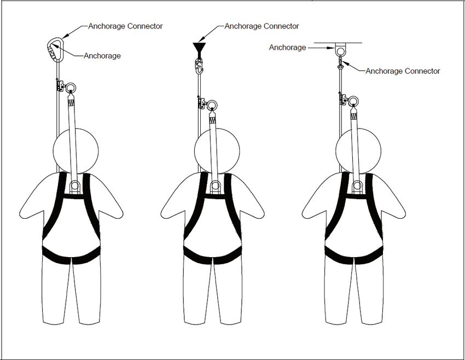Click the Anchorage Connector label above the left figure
point(125,26)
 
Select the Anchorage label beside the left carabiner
point(102,55)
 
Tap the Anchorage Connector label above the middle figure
point(261,26)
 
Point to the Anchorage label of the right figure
point(287,48)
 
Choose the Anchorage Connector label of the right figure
point(403,71)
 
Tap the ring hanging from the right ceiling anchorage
point(340,51)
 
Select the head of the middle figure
point(217,150)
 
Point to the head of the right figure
point(358,150)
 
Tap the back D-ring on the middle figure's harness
point(215,184)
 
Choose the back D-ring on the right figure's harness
point(357,184)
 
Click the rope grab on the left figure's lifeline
point(58,85)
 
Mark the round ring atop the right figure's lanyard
point(352,100)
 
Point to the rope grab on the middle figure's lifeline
point(199,102)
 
